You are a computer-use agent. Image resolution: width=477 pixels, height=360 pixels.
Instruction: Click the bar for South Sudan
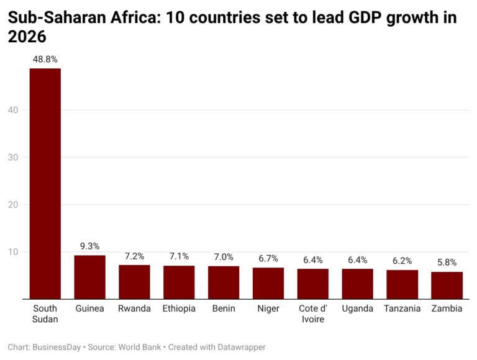pos(45,183)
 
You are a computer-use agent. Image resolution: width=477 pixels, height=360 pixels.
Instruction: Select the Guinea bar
pos(89,277)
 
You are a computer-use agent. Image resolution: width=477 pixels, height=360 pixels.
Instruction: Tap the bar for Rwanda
pos(134,282)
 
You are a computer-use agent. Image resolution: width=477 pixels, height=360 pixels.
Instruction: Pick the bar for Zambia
pos(447,285)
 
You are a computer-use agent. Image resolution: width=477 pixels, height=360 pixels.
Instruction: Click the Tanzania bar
pos(402,284)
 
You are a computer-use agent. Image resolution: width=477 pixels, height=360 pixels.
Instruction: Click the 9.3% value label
pos(89,246)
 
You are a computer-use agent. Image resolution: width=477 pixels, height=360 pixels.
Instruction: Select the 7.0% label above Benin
pos(224,256)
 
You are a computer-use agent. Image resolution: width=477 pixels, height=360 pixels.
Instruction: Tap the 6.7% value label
pos(268,258)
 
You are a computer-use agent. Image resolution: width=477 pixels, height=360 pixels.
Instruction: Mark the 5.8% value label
pos(447,262)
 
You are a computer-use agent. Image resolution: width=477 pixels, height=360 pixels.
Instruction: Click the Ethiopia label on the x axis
pos(179,308)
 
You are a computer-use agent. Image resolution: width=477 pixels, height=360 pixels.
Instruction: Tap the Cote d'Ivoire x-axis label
pos(313,313)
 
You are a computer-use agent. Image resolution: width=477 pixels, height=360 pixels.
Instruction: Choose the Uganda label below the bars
pos(357,308)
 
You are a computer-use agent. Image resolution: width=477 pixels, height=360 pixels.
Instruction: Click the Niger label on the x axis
pos(268,308)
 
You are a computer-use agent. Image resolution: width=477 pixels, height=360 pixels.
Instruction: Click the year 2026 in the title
pos(27,37)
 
